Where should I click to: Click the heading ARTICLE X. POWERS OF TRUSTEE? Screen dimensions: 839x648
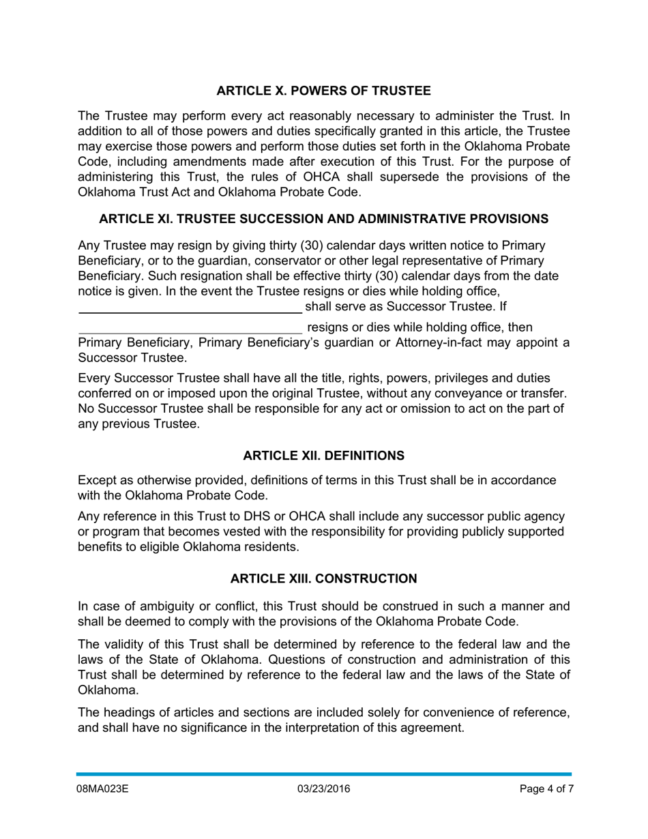point(323,91)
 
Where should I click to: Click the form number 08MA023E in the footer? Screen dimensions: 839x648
point(102,789)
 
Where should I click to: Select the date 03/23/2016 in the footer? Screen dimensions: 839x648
point(323,789)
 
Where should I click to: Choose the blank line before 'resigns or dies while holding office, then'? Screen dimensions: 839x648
point(190,329)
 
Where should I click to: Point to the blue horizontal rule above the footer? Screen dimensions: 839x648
point(323,774)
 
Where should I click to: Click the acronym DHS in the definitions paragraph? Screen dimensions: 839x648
point(252,517)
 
